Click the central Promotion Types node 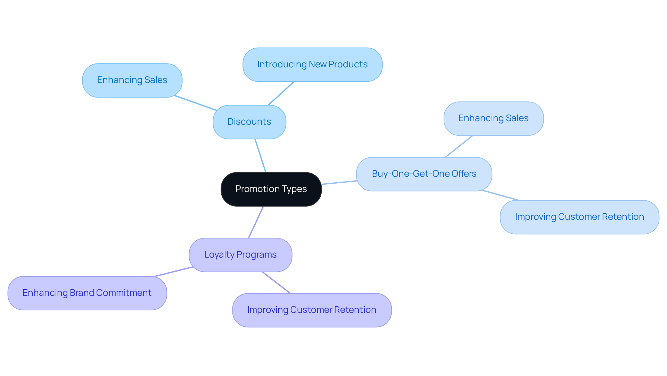coord(271,189)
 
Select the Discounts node coord(249,122)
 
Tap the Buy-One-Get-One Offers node coord(424,174)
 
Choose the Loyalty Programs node coord(240,255)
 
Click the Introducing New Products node coord(312,65)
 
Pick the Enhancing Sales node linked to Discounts coord(132,80)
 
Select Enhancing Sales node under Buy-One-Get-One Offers coord(493,118)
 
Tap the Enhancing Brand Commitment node coord(87,293)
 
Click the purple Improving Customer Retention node coord(312,310)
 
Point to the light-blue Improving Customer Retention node coord(579,217)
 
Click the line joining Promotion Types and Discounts coord(261,156)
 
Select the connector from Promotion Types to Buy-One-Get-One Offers coord(339,183)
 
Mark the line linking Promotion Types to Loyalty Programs coord(256,222)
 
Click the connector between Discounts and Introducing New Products coord(281,93)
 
